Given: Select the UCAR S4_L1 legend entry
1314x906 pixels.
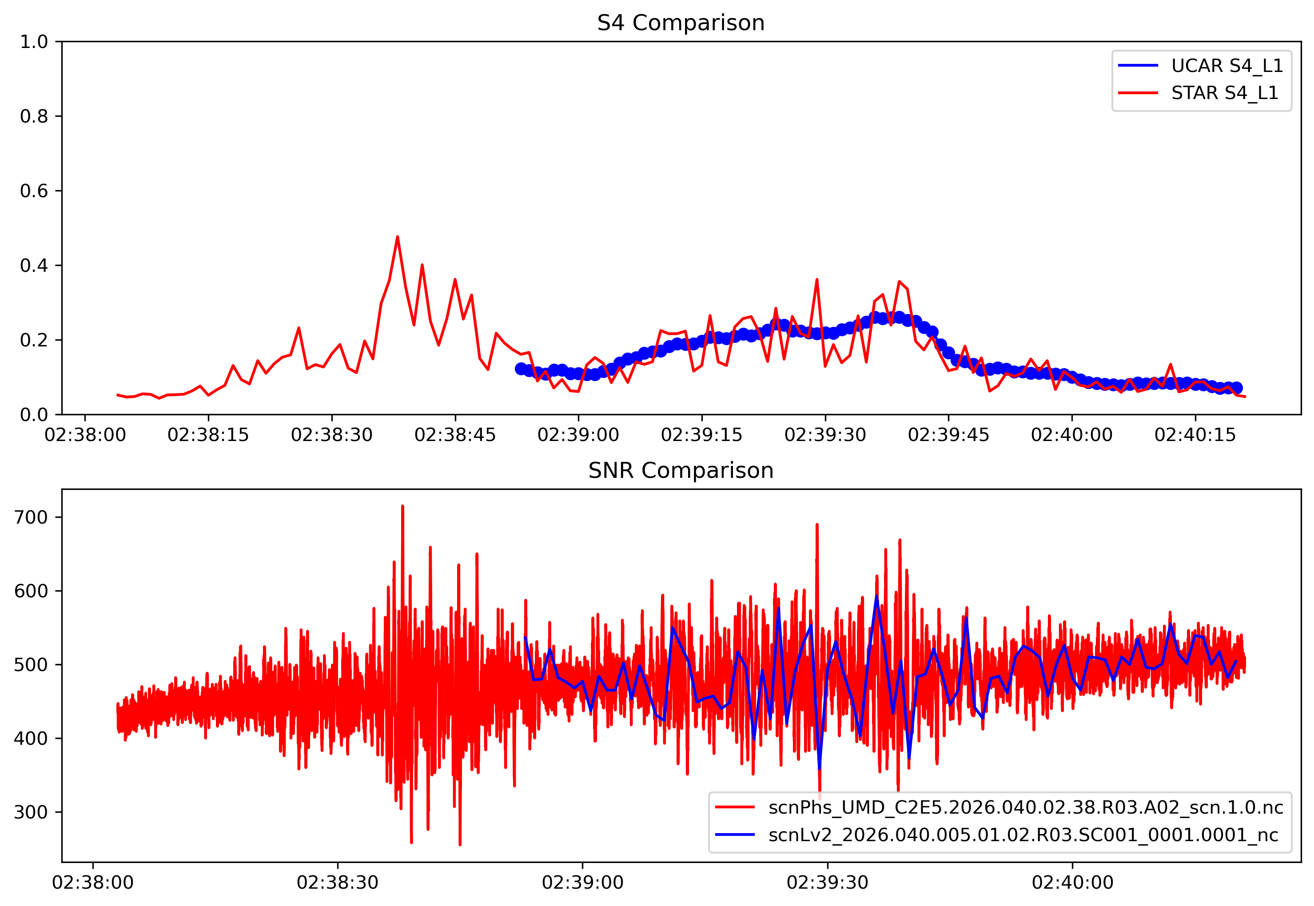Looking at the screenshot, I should point(1226,66).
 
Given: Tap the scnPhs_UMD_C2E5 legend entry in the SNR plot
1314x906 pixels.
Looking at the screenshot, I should point(1025,807).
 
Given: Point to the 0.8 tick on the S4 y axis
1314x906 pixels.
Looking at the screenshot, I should point(34,116).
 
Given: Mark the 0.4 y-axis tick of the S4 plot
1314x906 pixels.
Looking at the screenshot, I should point(34,266).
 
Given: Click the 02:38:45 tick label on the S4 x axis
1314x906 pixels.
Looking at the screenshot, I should point(455,435).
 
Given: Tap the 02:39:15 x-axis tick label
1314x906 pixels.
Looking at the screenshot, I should point(701,435).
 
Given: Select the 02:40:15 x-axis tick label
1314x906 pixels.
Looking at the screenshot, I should point(1195,435).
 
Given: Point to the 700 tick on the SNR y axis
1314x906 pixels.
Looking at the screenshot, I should point(31,517).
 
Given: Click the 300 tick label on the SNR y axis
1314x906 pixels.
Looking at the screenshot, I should point(31,812).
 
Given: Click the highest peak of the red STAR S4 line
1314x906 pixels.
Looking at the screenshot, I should point(398,237).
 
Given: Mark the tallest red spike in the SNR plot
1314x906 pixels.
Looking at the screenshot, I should point(402,506).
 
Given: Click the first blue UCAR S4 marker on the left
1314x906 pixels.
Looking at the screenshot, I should point(521,369).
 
